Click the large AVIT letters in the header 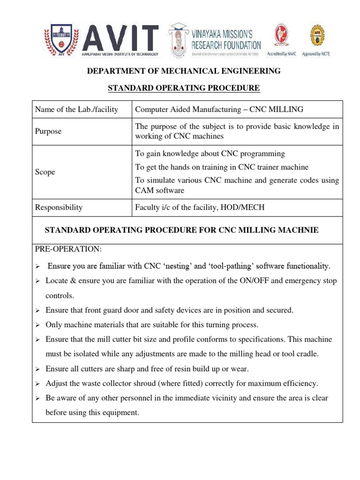click(120, 37)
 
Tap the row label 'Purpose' click(48, 132)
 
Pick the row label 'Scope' click(45, 172)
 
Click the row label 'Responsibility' click(59, 207)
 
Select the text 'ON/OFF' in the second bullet click(235, 281)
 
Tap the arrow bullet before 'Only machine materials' click(39, 325)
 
